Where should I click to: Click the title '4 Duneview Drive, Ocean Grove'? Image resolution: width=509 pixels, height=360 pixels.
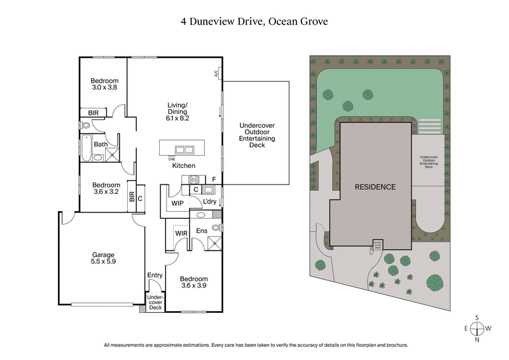254,21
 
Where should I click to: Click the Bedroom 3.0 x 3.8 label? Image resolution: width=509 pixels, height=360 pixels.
104,85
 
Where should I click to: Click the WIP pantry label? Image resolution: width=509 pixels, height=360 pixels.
178,204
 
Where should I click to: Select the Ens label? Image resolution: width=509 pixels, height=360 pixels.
202,231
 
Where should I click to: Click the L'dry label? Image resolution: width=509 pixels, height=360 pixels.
209,203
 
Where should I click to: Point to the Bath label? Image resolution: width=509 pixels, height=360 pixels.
101,144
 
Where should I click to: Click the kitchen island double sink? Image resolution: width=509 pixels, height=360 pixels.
185,150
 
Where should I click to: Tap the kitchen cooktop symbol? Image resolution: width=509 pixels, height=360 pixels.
190,179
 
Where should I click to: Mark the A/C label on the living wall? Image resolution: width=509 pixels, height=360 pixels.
216,74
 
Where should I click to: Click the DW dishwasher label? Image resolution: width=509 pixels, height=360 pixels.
172,158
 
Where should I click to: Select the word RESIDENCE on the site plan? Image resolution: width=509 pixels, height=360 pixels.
375,187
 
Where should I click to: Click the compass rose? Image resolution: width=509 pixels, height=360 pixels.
477,328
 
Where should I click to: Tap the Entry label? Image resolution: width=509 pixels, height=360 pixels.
155,275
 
